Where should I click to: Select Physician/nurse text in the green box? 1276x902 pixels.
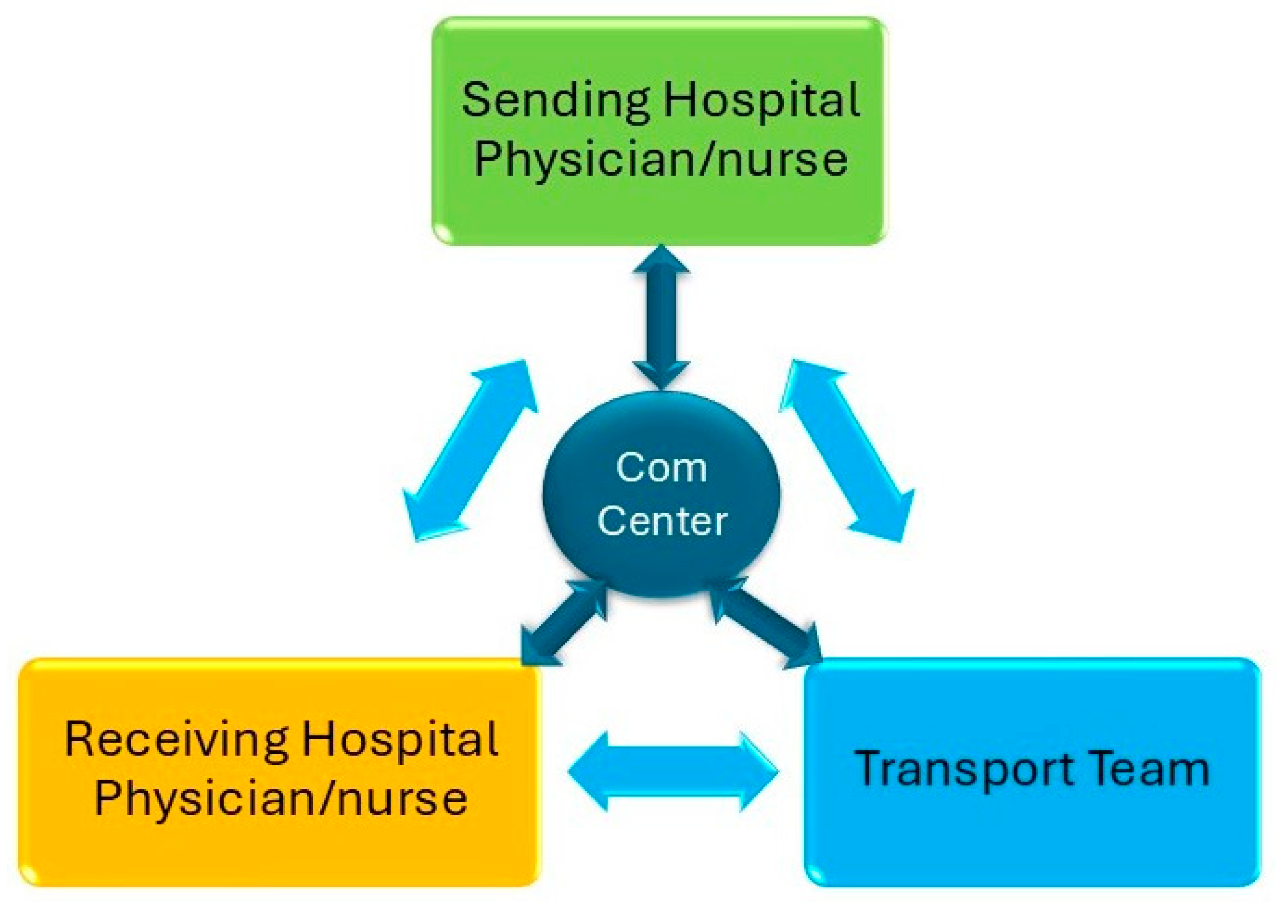pyautogui.click(x=660, y=159)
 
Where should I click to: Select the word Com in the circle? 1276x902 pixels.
pyautogui.click(x=661, y=468)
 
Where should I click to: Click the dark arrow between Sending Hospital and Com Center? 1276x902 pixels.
pyautogui.click(x=661, y=317)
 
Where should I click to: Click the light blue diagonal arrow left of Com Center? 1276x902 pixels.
pyautogui.click(x=470, y=450)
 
